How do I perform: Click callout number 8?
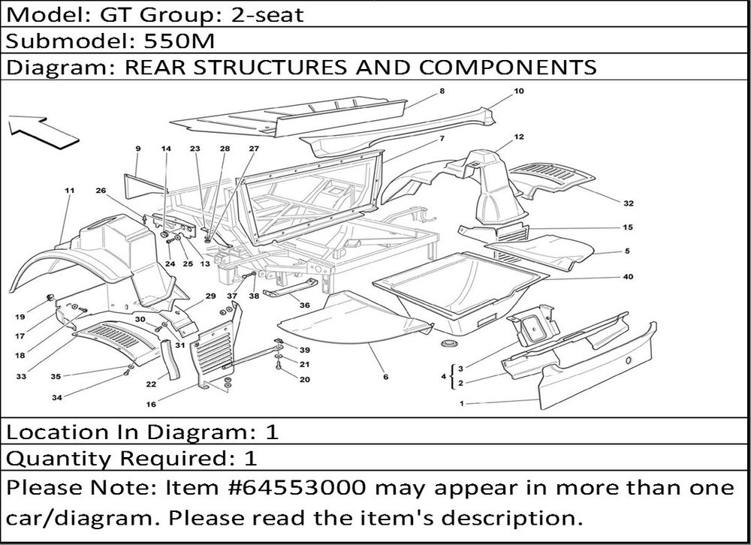point(442,92)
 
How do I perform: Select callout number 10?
point(518,92)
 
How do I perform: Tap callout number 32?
point(629,203)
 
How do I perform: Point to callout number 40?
point(629,277)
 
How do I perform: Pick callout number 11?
point(70,191)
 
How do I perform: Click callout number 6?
point(385,377)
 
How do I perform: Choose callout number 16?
point(151,404)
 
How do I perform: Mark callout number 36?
point(304,306)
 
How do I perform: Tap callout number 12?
point(519,137)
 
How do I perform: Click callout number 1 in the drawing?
point(461,404)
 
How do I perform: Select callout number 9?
point(138,149)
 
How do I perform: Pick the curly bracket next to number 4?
point(452,375)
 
